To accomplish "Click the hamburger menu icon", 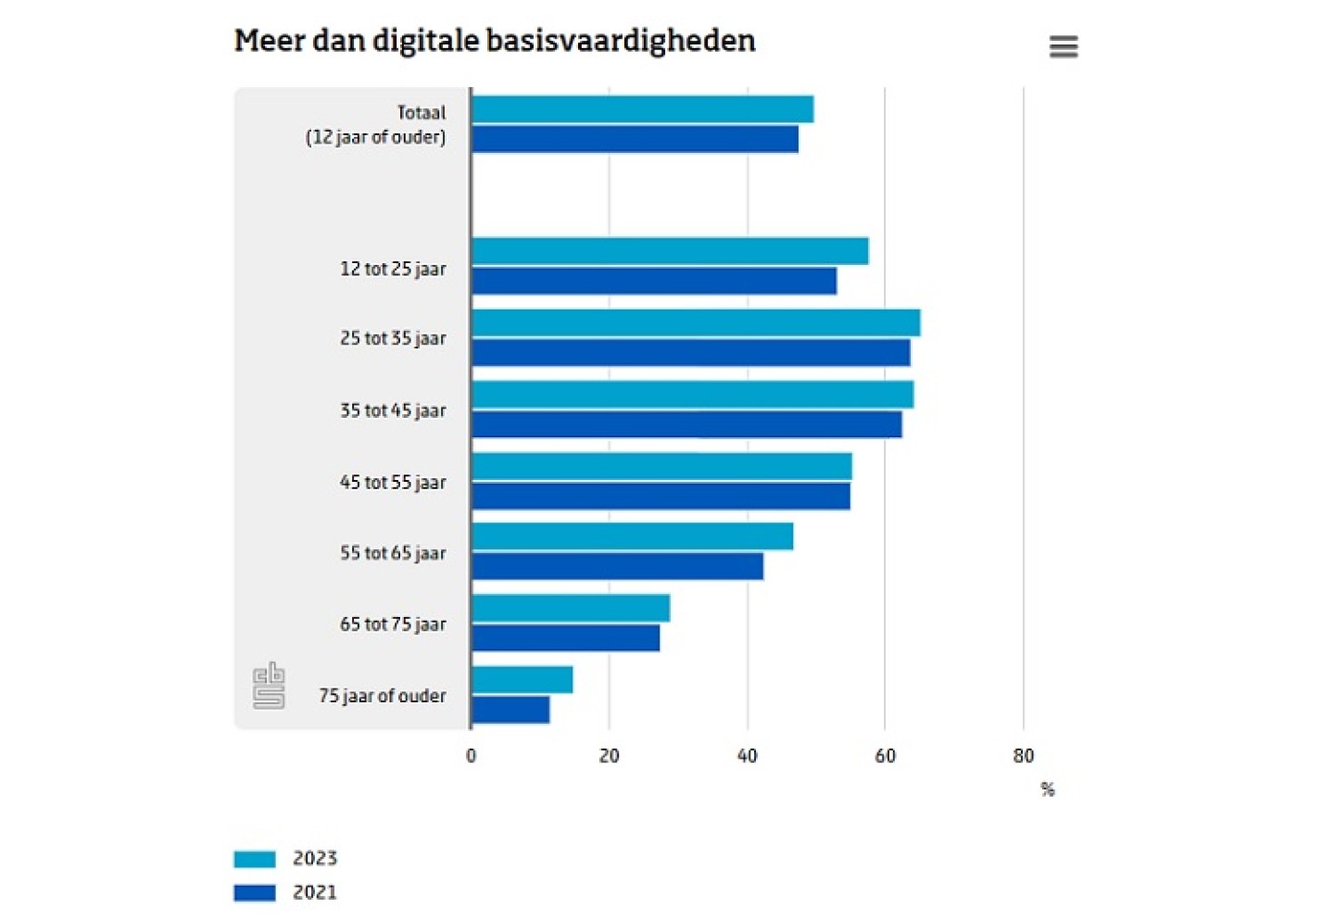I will coord(1063,46).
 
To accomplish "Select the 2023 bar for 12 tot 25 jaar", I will coord(669,251).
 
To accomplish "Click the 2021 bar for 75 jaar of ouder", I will coord(510,710).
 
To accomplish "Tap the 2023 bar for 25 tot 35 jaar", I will coord(695,322).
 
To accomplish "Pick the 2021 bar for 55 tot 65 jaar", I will coord(617,566).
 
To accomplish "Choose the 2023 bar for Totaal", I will coord(642,109).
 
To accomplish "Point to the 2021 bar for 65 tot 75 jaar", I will coord(565,637).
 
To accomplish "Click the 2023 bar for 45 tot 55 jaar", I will coord(661,466).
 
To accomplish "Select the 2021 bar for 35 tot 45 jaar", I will coord(686,424).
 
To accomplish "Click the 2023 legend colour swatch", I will coord(255,859).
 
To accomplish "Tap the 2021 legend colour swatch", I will coord(255,893).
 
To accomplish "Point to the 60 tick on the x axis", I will coord(885,756).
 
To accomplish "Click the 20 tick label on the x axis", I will coord(609,756).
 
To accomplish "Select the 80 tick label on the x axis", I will coord(1023,756).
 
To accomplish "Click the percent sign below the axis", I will coord(1048,789).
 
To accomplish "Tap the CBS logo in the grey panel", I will coord(269,686).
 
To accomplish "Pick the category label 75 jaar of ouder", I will coord(382,696).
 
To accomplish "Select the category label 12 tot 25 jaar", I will coord(393,269).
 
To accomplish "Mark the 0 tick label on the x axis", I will coord(471,756).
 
